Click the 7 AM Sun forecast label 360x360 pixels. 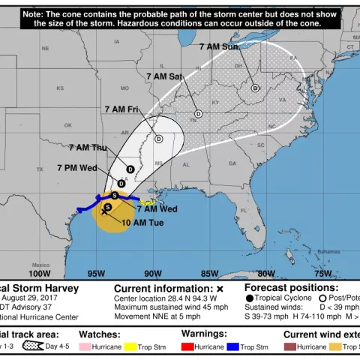[x=219, y=46]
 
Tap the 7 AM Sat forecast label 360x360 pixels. [x=164, y=76]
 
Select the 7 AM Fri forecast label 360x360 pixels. [x=122, y=109]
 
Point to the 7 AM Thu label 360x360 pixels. [x=88, y=147]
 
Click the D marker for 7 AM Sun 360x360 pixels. [x=255, y=88]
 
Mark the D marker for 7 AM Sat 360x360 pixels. [x=199, y=114]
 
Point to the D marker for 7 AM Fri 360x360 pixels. [x=159, y=139]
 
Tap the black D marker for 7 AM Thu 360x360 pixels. [x=130, y=169]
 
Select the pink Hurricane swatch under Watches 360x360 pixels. [x=85, y=347]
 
